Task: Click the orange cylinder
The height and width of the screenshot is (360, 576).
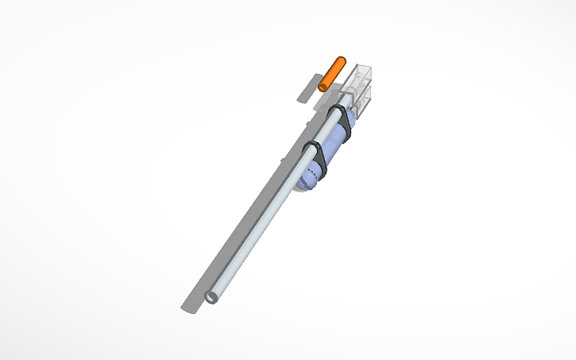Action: coord(332,73)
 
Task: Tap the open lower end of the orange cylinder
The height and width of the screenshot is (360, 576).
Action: coord(323,84)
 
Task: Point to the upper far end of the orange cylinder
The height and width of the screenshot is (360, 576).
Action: coord(341,60)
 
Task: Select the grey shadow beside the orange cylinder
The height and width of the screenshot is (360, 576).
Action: coord(304,92)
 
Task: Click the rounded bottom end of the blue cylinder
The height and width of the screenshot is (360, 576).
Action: coord(306,184)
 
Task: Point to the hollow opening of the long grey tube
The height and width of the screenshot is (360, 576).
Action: coord(211,296)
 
